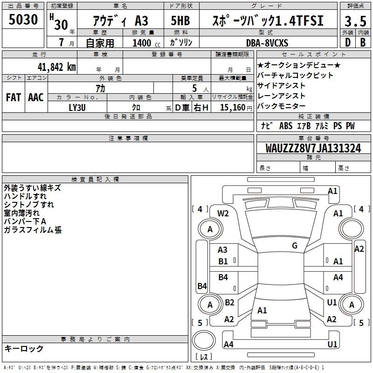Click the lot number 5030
23,20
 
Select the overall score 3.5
355,21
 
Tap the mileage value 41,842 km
57,67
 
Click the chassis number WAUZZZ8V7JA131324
313,148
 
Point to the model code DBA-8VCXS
267,43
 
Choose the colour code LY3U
77,108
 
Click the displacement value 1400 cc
146,43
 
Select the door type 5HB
180,21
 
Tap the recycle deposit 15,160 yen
236,108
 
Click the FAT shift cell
14,97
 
